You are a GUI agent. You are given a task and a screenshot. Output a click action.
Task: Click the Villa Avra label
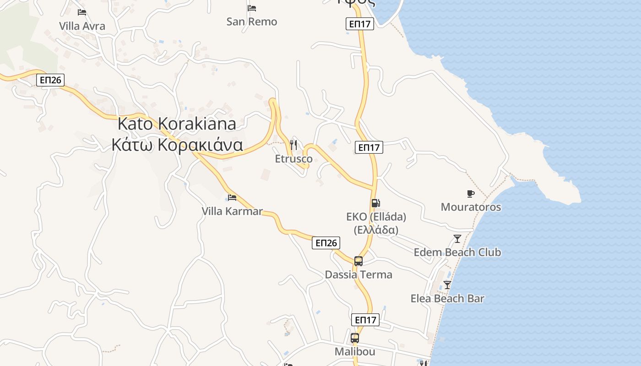[x=82, y=26]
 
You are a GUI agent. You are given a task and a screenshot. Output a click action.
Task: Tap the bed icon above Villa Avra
[x=82, y=12]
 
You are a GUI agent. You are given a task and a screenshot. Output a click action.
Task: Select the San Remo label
[x=252, y=22]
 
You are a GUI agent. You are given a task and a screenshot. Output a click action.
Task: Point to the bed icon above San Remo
[x=251, y=8]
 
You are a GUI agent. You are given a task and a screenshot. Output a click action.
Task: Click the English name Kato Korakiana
[x=177, y=124]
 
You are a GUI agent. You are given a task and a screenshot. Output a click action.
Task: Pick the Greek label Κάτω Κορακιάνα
[x=177, y=145]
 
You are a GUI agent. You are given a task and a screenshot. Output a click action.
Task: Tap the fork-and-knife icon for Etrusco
[x=293, y=145]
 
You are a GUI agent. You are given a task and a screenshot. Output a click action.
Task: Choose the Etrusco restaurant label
[x=294, y=159]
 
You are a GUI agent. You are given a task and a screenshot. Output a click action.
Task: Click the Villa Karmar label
[x=232, y=211]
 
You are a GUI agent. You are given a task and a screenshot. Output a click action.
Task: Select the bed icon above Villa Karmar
[x=232, y=198]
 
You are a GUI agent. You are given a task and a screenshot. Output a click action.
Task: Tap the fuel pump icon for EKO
[x=375, y=203]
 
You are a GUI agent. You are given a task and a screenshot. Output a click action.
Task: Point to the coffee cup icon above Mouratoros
[x=471, y=194]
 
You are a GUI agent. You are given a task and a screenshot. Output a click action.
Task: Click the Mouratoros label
[x=471, y=207]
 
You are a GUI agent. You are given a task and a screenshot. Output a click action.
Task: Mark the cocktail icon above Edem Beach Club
[x=457, y=239]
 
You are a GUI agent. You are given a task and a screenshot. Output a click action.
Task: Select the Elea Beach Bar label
[x=447, y=298]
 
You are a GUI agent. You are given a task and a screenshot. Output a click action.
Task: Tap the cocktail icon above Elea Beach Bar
[x=447, y=285]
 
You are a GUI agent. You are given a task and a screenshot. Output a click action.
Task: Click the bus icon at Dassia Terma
[x=359, y=261]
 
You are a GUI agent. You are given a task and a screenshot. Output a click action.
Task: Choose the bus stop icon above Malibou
[x=355, y=338]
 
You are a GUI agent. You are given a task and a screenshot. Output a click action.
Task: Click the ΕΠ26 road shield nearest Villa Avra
[x=50, y=80]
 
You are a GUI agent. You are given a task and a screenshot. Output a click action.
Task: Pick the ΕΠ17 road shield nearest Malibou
[x=365, y=320]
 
